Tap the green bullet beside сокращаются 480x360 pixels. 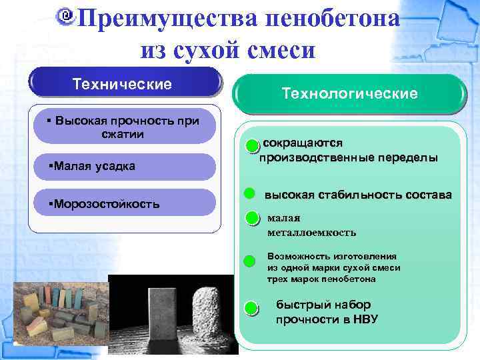[x=251, y=146]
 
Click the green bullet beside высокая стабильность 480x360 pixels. [x=249, y=193]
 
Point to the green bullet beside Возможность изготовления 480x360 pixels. [x=250, y=261]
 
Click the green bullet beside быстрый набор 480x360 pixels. [x=251, y=308]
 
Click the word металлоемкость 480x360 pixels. [x=311, y=233]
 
